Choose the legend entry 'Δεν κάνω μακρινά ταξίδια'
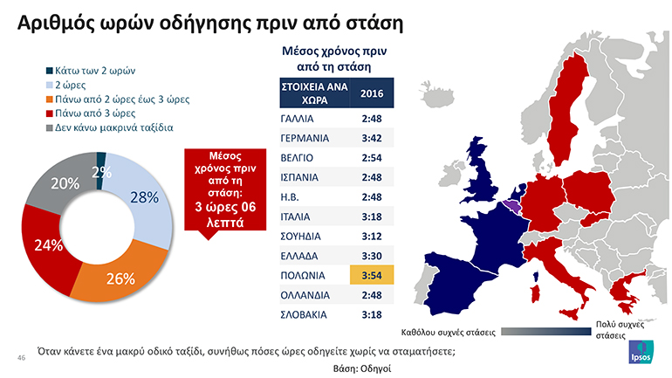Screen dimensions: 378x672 click(x=114, y=127)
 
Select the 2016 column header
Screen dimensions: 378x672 click(x=372, y=93)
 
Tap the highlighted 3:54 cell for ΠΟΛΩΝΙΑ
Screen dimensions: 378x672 click(x=372, y=276)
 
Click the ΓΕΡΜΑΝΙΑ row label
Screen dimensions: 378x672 click(x=305, y=138)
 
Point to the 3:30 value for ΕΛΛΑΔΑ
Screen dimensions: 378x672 click(x=372, y=256)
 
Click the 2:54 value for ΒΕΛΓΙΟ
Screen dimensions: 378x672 click(x=372, y=158)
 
